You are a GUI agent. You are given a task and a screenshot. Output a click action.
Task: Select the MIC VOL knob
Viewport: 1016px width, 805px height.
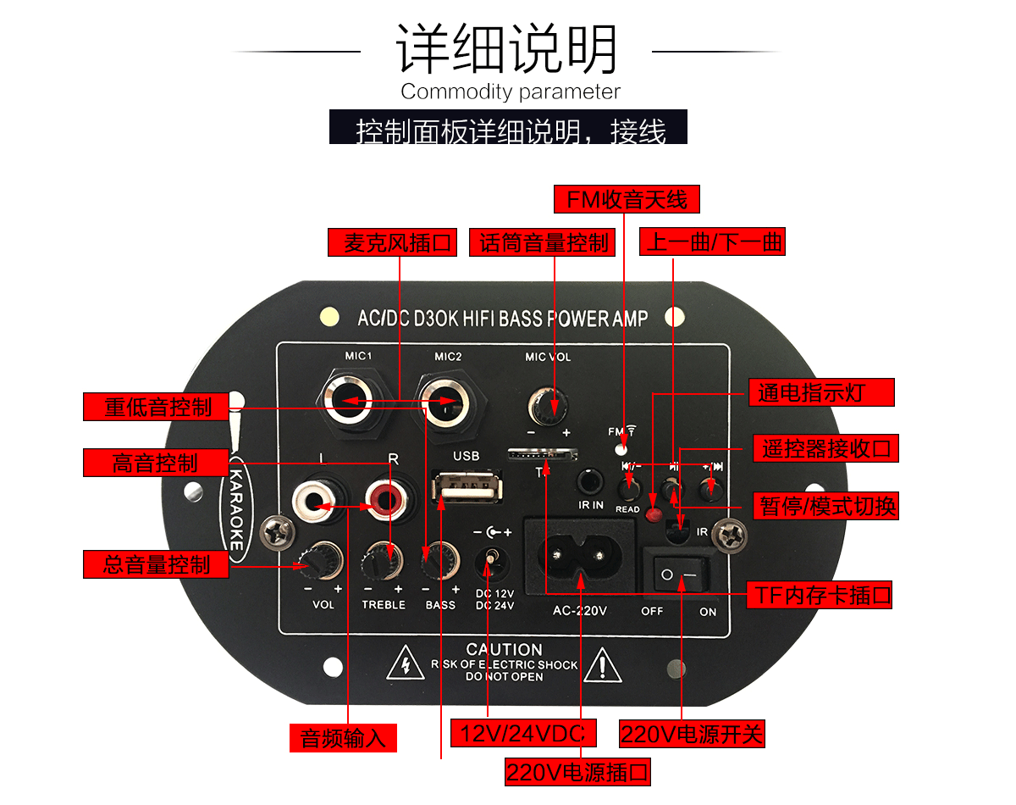coord(548,402)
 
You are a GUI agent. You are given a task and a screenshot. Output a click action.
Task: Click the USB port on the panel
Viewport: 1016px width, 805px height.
coord(465,491)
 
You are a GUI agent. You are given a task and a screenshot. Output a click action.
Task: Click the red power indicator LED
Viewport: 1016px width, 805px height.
coord(654,514)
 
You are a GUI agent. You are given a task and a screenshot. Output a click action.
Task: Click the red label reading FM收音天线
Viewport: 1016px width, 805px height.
coord(627,199)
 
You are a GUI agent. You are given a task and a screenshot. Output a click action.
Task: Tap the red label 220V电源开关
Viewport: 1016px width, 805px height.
coord(692,733)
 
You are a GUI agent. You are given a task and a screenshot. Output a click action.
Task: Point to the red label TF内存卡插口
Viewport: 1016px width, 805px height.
coord(820,595)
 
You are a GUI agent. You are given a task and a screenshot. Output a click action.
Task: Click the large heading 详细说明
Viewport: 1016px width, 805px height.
coord(507,49)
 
